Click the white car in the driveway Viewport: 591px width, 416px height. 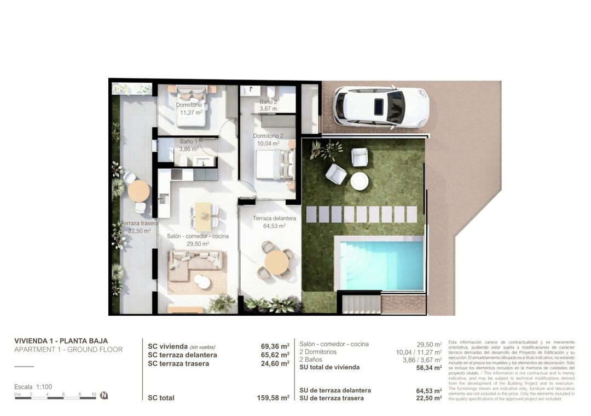(x=381, y=107)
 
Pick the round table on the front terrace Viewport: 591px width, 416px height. (x=276, y=263)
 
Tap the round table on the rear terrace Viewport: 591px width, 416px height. (x=138, y=191)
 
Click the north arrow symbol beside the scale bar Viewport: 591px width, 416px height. (x=104, y=395)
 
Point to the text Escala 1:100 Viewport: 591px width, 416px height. (x=33, y=387)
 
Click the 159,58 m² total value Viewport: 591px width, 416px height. (x=273, y=398)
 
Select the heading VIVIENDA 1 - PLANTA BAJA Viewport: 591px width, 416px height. (x=61, y=341)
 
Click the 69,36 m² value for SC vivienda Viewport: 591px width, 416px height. (x=275, y=346)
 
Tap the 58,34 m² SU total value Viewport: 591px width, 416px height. (x=428, y=367)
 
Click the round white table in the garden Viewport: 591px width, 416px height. (x=360, y=181)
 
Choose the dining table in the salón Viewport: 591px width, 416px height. (x=203, y=215)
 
